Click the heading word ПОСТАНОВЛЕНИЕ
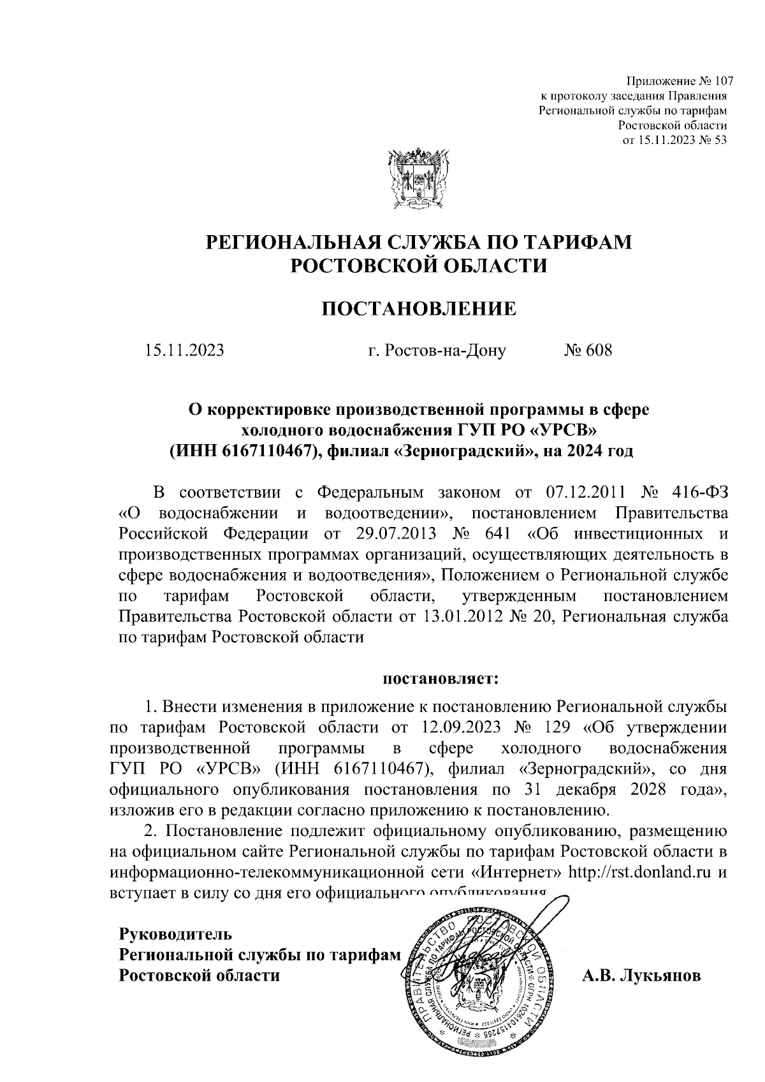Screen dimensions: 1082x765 [418, 309]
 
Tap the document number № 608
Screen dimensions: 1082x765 [588, 350]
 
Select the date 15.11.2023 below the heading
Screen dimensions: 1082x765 [184, 350]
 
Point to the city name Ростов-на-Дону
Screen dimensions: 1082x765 [437, 350]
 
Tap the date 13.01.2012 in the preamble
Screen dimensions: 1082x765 [460, 617]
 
